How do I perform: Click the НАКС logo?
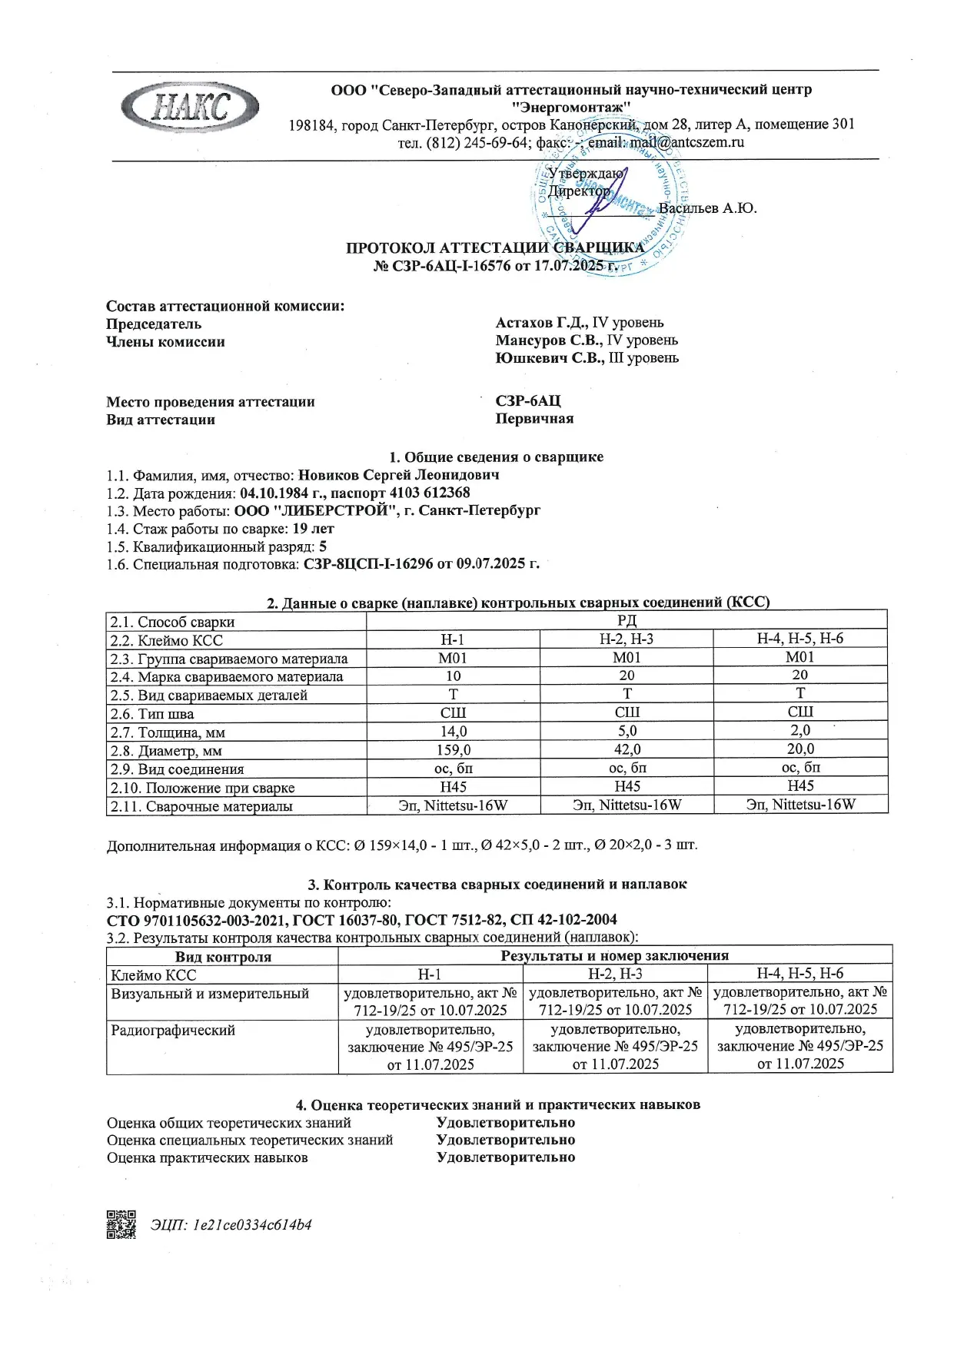click(189, 106)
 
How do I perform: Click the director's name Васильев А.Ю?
click(707, 208)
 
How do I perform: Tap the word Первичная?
click(534, 419)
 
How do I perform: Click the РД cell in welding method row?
click(627, 621)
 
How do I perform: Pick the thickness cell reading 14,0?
click(453, 732)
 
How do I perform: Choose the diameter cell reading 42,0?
click(627, 750)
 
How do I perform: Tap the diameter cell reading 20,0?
click(799, 749)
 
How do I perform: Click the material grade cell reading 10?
click(453, 676)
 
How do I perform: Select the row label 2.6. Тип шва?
click(152, 714)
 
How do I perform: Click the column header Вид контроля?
click(223, 957)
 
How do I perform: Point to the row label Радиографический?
click(173, 1031)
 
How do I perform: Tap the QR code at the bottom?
click(121, 1224)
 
